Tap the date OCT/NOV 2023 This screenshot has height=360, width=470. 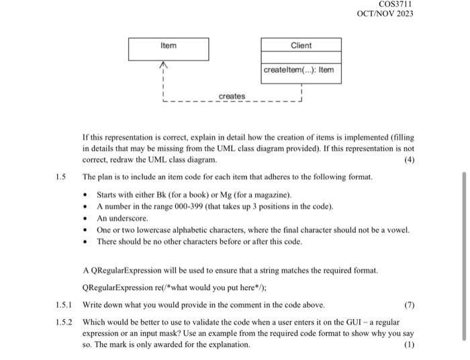click(x=385, y=14)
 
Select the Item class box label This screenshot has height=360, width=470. click(x=168, y=45)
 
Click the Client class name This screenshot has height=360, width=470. click(x=301, y=45)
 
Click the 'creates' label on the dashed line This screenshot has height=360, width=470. click(x=232, y=97)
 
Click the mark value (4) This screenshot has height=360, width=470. click(x=408, y=160)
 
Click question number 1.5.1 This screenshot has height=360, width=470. click(x=64, y=304)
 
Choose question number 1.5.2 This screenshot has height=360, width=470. click(x=64, y=321)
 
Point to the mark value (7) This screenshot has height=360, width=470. click(x=408, y=304)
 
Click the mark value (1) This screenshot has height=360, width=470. click(x=408, y=344)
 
